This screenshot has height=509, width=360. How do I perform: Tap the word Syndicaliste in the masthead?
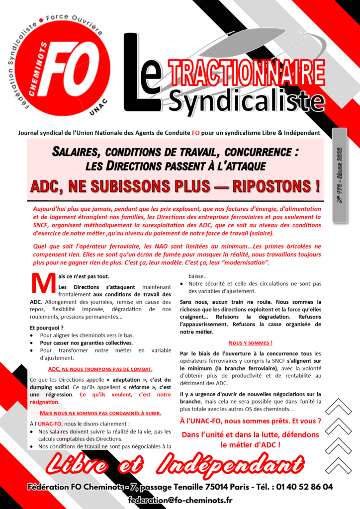(x=246, y=100)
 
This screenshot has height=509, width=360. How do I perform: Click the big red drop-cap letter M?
(x=43, y=283)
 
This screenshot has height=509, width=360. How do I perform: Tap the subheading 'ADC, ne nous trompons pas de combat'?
(x=100, y=369)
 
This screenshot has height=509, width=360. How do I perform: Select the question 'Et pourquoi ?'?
(x=47, y=328)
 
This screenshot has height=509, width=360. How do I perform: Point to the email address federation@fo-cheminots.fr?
(x=180, y=500)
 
